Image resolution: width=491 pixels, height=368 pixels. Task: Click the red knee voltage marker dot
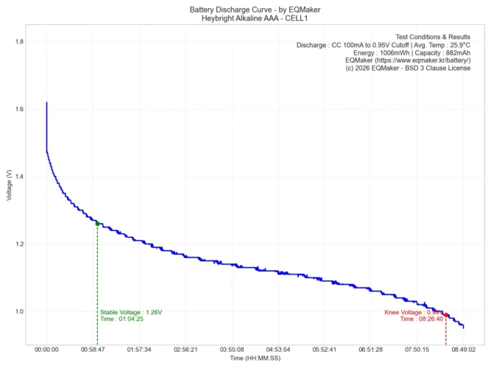446,315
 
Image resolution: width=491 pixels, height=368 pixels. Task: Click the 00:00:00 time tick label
46,350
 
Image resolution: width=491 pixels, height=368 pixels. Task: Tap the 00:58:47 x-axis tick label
93,350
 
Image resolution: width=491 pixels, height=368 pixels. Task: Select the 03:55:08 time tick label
232,350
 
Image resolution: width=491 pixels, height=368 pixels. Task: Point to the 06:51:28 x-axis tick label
371,350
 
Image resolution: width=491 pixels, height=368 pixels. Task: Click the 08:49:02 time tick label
464,350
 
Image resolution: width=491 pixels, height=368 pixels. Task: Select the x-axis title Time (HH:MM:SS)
255,358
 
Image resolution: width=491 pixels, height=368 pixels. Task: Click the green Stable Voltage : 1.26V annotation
131,312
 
